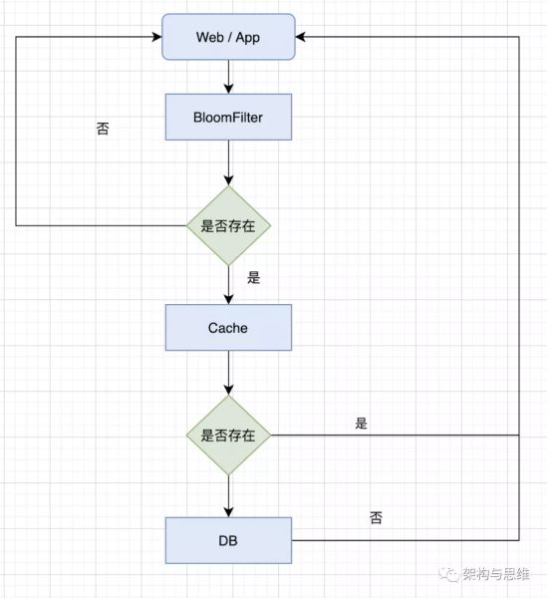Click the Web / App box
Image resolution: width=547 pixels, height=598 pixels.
coord(228,37)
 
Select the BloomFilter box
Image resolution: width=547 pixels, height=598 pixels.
coord(228,117)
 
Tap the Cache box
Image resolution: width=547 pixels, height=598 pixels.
coord(228,328)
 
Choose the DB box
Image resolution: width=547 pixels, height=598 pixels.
coord(228,540)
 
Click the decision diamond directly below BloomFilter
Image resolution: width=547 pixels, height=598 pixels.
coord(228,226)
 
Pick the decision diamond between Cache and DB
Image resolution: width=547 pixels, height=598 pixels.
coord(228,436)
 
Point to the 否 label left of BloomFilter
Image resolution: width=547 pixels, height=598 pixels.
coord(103,129)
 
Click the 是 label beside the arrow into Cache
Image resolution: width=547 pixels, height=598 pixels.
coord(253,277)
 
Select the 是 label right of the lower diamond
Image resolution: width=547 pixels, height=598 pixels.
coord(361,423)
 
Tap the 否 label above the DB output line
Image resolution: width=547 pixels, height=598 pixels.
coord(376,518)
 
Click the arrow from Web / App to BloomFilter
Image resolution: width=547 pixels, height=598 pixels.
coord(228,77)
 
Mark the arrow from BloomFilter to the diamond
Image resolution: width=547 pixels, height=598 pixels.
coord(228,162)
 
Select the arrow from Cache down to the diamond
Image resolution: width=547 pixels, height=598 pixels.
coord(228,373)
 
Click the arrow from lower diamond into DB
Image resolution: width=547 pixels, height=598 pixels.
coord(228,496)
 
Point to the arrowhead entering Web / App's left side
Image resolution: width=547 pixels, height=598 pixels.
coord(157,37)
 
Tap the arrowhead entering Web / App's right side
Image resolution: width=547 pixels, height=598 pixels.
coord(300,37)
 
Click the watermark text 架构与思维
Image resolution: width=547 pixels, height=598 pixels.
coord(496,574)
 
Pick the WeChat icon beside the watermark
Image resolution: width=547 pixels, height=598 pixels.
coord(448,574)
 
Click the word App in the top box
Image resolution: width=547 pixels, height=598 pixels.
coord(248,38)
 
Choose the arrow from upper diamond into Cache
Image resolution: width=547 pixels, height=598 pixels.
coord(228,285)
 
